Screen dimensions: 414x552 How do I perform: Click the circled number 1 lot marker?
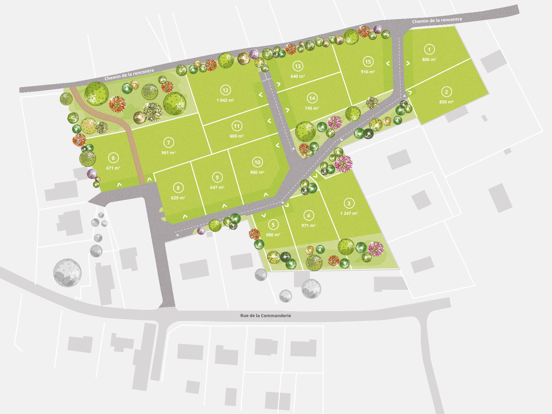click(429, 50)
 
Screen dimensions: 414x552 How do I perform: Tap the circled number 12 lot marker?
click(225, 90)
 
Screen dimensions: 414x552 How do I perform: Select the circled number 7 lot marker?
click(169, 143)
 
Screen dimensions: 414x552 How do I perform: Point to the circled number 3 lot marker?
click(349, 203)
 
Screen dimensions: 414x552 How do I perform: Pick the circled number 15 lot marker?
click(368, 61)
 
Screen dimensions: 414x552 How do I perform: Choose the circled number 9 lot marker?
click(217, 177)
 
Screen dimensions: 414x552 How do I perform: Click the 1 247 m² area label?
click(349, 213)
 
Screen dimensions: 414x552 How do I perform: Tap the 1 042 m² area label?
click(225, 100)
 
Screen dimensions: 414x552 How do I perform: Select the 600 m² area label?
click(237, 136)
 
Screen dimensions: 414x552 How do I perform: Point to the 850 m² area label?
click(446, 102)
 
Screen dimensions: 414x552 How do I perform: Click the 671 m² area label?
click(113, 168)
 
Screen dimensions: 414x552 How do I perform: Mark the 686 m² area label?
click(273, 235)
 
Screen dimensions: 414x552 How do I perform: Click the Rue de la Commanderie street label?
click(265, 315)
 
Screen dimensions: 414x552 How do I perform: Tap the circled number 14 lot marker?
click(312, 98)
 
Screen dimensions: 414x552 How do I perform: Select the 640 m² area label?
click(297, 76)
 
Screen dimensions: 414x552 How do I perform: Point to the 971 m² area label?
click(308, 225)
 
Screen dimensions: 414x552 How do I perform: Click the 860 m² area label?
click(257, 172)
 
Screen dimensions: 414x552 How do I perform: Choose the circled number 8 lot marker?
click(178, 188)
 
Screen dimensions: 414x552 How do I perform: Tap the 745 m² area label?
click(312, 108)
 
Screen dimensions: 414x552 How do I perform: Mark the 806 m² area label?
click(429, 59)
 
